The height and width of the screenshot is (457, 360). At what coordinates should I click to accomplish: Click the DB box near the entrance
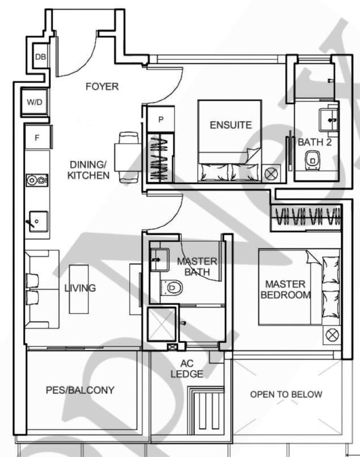[x=40, y=58]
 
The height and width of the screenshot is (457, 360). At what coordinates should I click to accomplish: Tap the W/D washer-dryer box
[x=34, y=102]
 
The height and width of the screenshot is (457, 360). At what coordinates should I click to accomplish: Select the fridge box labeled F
[x=37, y=138]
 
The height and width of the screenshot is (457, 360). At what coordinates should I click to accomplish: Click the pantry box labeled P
[x=161, y=120]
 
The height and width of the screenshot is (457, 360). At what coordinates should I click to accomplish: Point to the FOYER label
[x=102, y=86]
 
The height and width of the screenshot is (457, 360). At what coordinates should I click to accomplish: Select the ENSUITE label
[x=231, y=125]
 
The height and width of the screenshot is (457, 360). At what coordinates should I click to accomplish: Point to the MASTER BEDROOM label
[x=286, y=289]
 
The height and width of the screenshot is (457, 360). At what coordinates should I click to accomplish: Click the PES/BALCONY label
[x=80, y=390]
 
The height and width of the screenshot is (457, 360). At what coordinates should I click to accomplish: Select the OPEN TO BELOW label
[x=286, y=394]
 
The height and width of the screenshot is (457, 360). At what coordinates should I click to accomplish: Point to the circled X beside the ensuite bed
[x=271, y=174]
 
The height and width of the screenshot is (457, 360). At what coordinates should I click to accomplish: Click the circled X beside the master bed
[x=332, y=334]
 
